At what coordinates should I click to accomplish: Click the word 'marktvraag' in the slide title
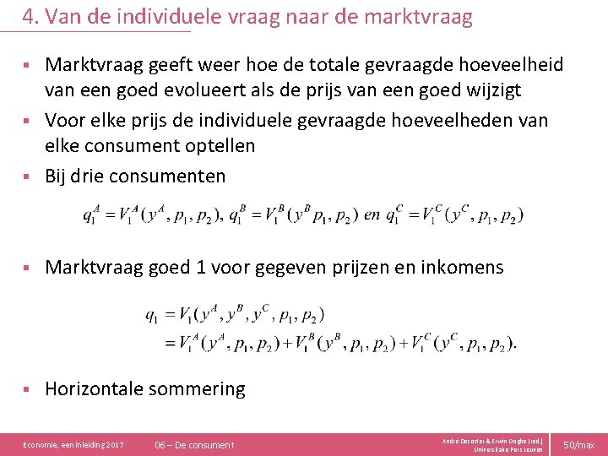pos(419,16)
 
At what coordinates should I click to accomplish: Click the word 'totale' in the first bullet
pos(308,65)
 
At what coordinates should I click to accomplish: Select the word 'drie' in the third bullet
pos(93,176)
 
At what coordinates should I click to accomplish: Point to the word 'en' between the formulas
pos(372,214)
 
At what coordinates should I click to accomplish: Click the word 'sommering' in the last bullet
pos(197,388)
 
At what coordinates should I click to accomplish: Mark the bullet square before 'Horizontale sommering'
pos(27,389)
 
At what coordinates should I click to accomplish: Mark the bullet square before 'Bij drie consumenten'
pos(27,176)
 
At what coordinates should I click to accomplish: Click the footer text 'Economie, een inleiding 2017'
pos(73,444)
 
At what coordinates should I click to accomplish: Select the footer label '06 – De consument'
pos(195,444)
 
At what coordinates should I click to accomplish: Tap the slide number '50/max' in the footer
pos(579,444)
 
